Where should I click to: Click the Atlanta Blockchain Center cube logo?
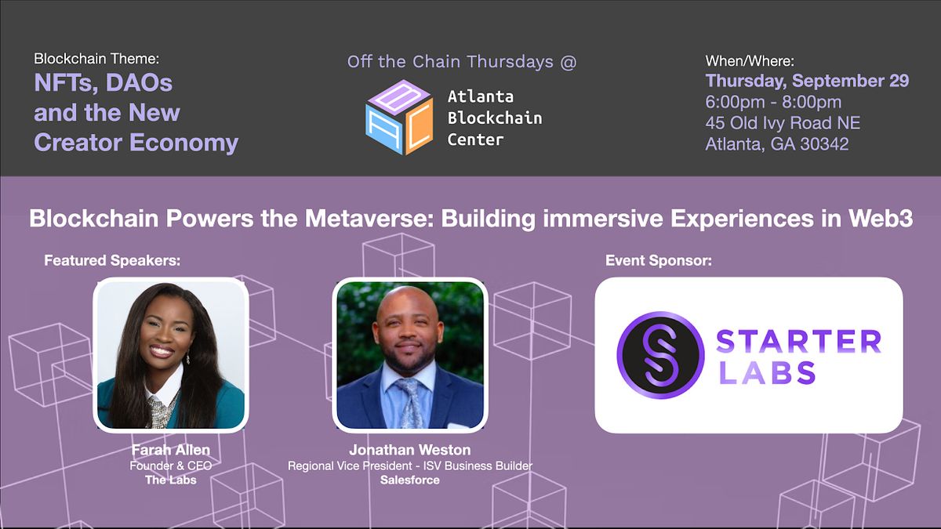pyautogui.click(x=398, y=118)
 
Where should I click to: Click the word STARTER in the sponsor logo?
pyautogui.click(x=798, y=342)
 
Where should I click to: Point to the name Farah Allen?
pyautogui.click(x=170, y=451)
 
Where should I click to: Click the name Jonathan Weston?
pyautogui.click(x=410, y=451)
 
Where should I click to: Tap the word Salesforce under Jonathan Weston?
pyautogui.click(x=410, y=480)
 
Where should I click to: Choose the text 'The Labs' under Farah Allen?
pyautogui.click(x=170, y=480)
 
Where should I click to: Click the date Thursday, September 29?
pyautogui.click(x=807, y=81)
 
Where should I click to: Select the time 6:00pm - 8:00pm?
pyautogui.click(x=773, y=102)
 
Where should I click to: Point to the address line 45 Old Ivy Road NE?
pyautogui.click(x=783, y=123)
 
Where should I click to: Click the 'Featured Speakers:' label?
pyautogui.click(x=112, y=260)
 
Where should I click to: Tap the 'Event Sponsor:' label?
pyautogui.click(x=659, y=260)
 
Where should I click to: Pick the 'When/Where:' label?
pyautogui.click(x=750, y=60)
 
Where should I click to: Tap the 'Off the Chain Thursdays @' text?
pyautogui.click(x=461, y=62)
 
